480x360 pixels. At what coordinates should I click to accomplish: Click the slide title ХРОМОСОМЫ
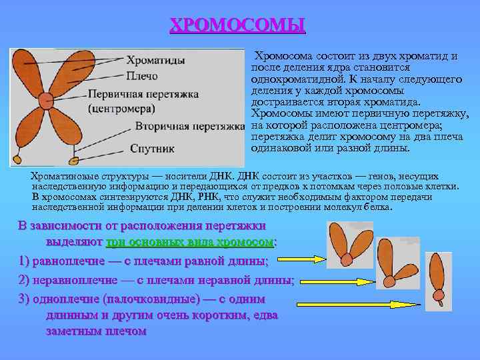pos(237,25)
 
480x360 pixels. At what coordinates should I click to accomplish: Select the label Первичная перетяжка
pos(145,95)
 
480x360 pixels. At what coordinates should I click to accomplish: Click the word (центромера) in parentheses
pos(122,108)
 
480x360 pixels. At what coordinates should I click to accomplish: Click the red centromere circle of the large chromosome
pos(46,101)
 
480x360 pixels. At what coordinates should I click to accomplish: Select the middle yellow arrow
pos(351,281)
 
